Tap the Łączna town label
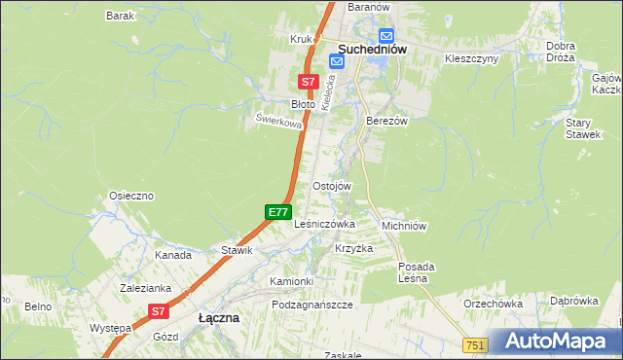click(219, 317)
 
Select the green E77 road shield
click(278, 211)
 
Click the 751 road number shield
click(475, 345)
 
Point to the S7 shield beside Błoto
click(308, 83)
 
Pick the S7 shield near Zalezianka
click(160, 311)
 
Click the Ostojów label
click(331, 186)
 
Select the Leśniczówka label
click(324, 224)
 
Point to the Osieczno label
click(131, 196)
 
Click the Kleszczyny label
click(471, 58)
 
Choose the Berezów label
click(385, 121)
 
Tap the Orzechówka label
click(494, 304)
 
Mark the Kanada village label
click(173, 255)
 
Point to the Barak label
click(120, 17)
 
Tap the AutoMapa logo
click(555, 342)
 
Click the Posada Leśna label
click(417, 272)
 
